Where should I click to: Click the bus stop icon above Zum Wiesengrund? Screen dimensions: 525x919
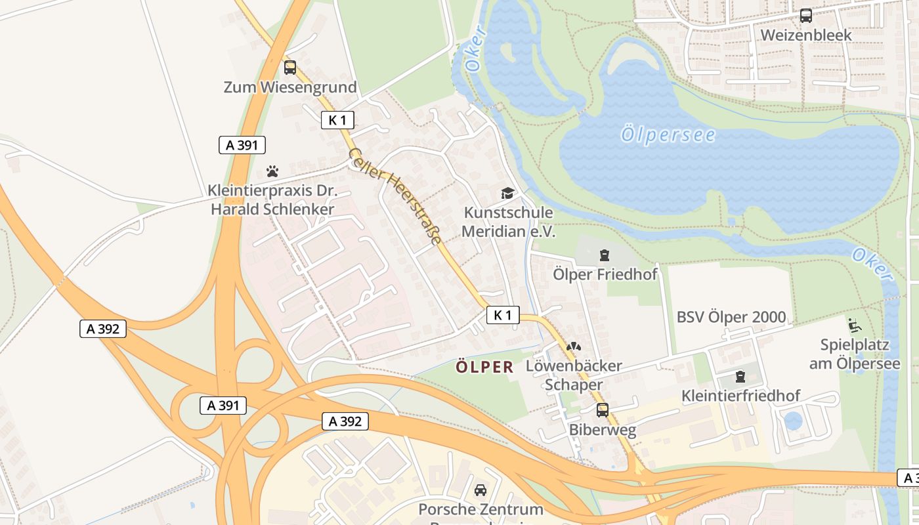[289, 67]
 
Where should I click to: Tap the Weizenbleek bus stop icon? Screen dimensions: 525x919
[805, 16]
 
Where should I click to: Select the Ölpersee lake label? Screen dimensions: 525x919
[668, 135]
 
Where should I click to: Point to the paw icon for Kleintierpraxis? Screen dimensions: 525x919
[272, 171]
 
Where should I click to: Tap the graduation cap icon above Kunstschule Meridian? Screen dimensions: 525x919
[507, 193]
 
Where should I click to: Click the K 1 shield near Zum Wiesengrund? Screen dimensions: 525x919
[337, 120]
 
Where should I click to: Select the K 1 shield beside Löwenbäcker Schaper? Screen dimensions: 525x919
[503, 315]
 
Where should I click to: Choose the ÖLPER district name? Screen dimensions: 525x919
[485, 367]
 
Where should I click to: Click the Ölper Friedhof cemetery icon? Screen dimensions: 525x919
[604, 255]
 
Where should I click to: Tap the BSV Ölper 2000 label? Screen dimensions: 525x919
[731, 317]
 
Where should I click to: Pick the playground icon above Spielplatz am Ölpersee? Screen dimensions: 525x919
[854, 325]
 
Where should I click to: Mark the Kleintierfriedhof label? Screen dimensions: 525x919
[740, 396]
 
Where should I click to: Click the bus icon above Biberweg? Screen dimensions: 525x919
[602, 410]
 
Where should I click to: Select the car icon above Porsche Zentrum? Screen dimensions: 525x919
[481, 490]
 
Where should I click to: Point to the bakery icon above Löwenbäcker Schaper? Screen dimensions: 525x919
[573, 346]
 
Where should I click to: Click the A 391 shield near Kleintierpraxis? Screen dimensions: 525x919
[242, 145]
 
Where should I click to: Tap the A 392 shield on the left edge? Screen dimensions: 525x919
[102, 329]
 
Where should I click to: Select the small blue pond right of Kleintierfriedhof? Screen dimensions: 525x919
[793, 421]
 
